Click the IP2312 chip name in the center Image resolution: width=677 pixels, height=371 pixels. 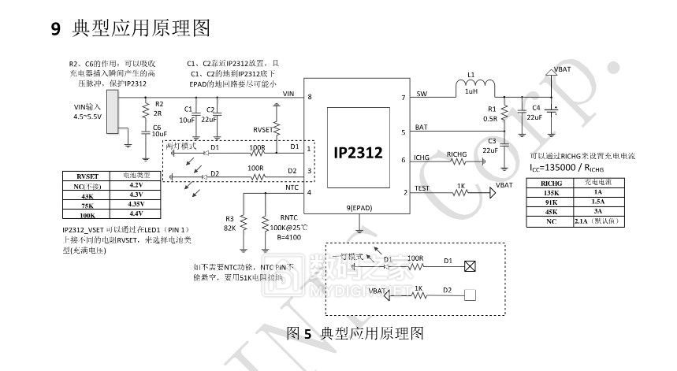click(357, 153)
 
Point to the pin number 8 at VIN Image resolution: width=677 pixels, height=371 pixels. click(310, 97)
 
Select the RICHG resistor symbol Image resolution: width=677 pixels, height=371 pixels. click(459, 162)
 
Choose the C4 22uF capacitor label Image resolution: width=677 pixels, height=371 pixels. click(534, 112)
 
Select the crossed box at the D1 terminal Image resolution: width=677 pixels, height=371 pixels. click(471, 265)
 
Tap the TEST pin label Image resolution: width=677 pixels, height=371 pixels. click(422, 188)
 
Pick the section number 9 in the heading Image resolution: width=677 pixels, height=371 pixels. click(56, 30)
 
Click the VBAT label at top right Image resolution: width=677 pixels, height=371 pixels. click(564, 69)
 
